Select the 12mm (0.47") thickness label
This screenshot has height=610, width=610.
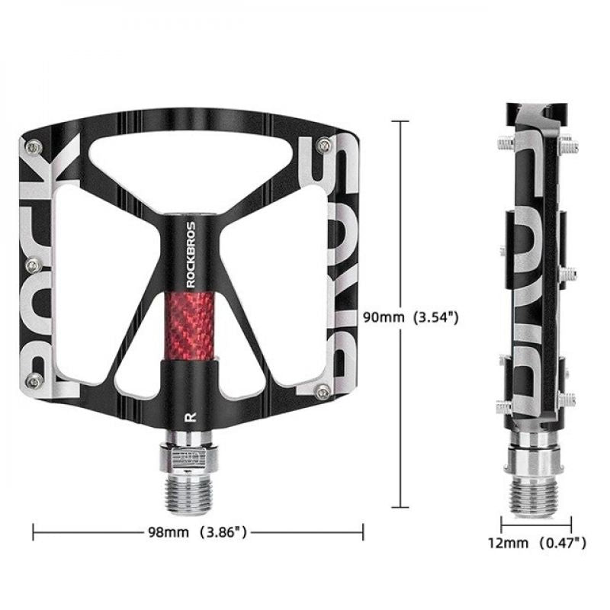(x=538, y=542)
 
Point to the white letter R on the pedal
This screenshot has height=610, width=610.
(x=188, y=416)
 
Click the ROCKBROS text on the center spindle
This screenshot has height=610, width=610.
(x=191, y=253)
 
